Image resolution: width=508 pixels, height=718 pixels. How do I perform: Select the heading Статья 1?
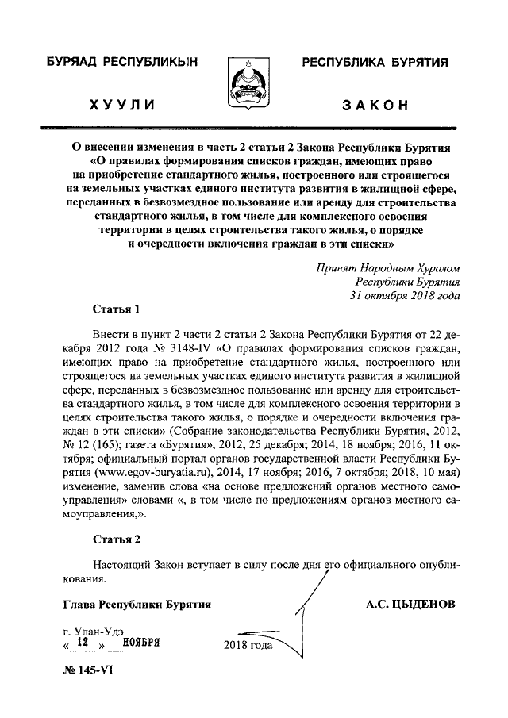pyautogui.click(x=115, y=309)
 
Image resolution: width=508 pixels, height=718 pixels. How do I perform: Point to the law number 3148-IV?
pyautogui.click(x=179, y=347)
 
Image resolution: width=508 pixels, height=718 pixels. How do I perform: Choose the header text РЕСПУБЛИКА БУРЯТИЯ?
pyautogui.click(x=375, y=61)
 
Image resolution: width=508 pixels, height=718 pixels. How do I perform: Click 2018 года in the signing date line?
pyautogui.click(x=249, y=645)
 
